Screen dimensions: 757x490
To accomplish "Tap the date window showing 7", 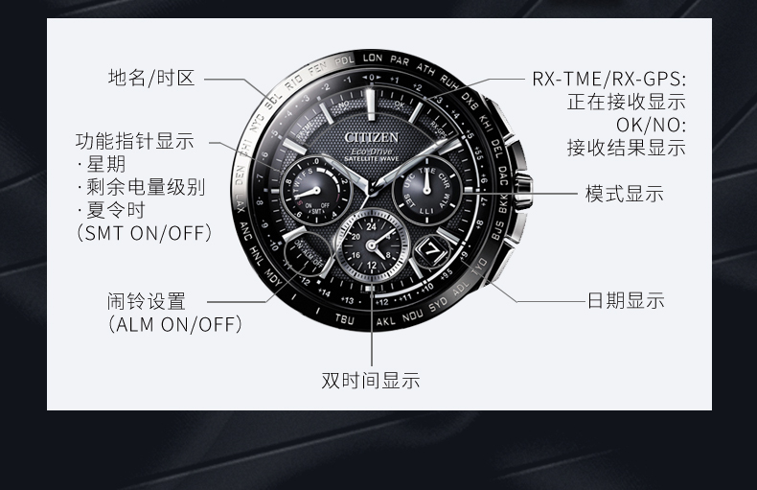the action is (431, 249).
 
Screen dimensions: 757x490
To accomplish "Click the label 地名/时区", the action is (151, 78).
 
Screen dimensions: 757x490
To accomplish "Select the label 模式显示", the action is (625, 194).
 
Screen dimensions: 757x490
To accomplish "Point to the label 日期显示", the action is (626, 300).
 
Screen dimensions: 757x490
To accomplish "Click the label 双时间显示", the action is (371, 381).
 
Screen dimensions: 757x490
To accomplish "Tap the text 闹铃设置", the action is (147, 301).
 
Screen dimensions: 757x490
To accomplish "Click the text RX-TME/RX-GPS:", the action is (609, 79).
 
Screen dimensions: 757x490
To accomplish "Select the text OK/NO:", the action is (652, 125).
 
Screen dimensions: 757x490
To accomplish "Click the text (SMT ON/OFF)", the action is (143, 233).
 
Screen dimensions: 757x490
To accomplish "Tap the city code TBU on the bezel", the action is (345, 318).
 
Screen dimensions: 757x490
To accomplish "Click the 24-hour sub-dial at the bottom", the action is (372, 243).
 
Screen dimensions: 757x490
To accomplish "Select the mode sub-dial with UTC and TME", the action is (426, 189).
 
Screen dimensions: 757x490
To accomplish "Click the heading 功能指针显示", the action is (134, 141).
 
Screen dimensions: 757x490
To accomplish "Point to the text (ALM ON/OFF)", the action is (173, 324).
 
